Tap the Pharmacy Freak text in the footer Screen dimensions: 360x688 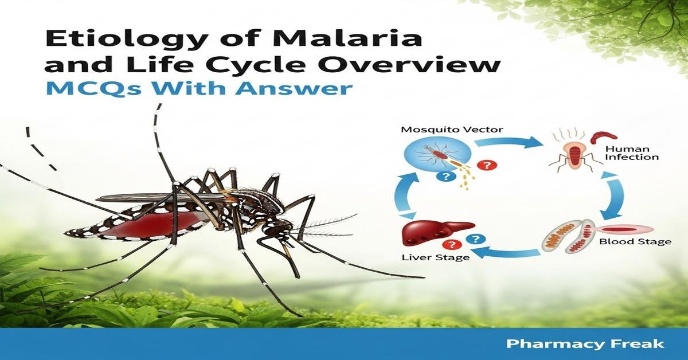click(x=585, y=344)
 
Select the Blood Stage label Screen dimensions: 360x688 click(x=635, y=241)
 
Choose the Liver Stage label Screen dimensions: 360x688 click(x=435, y=257)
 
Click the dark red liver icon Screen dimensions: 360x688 click(x=435, y=232)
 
